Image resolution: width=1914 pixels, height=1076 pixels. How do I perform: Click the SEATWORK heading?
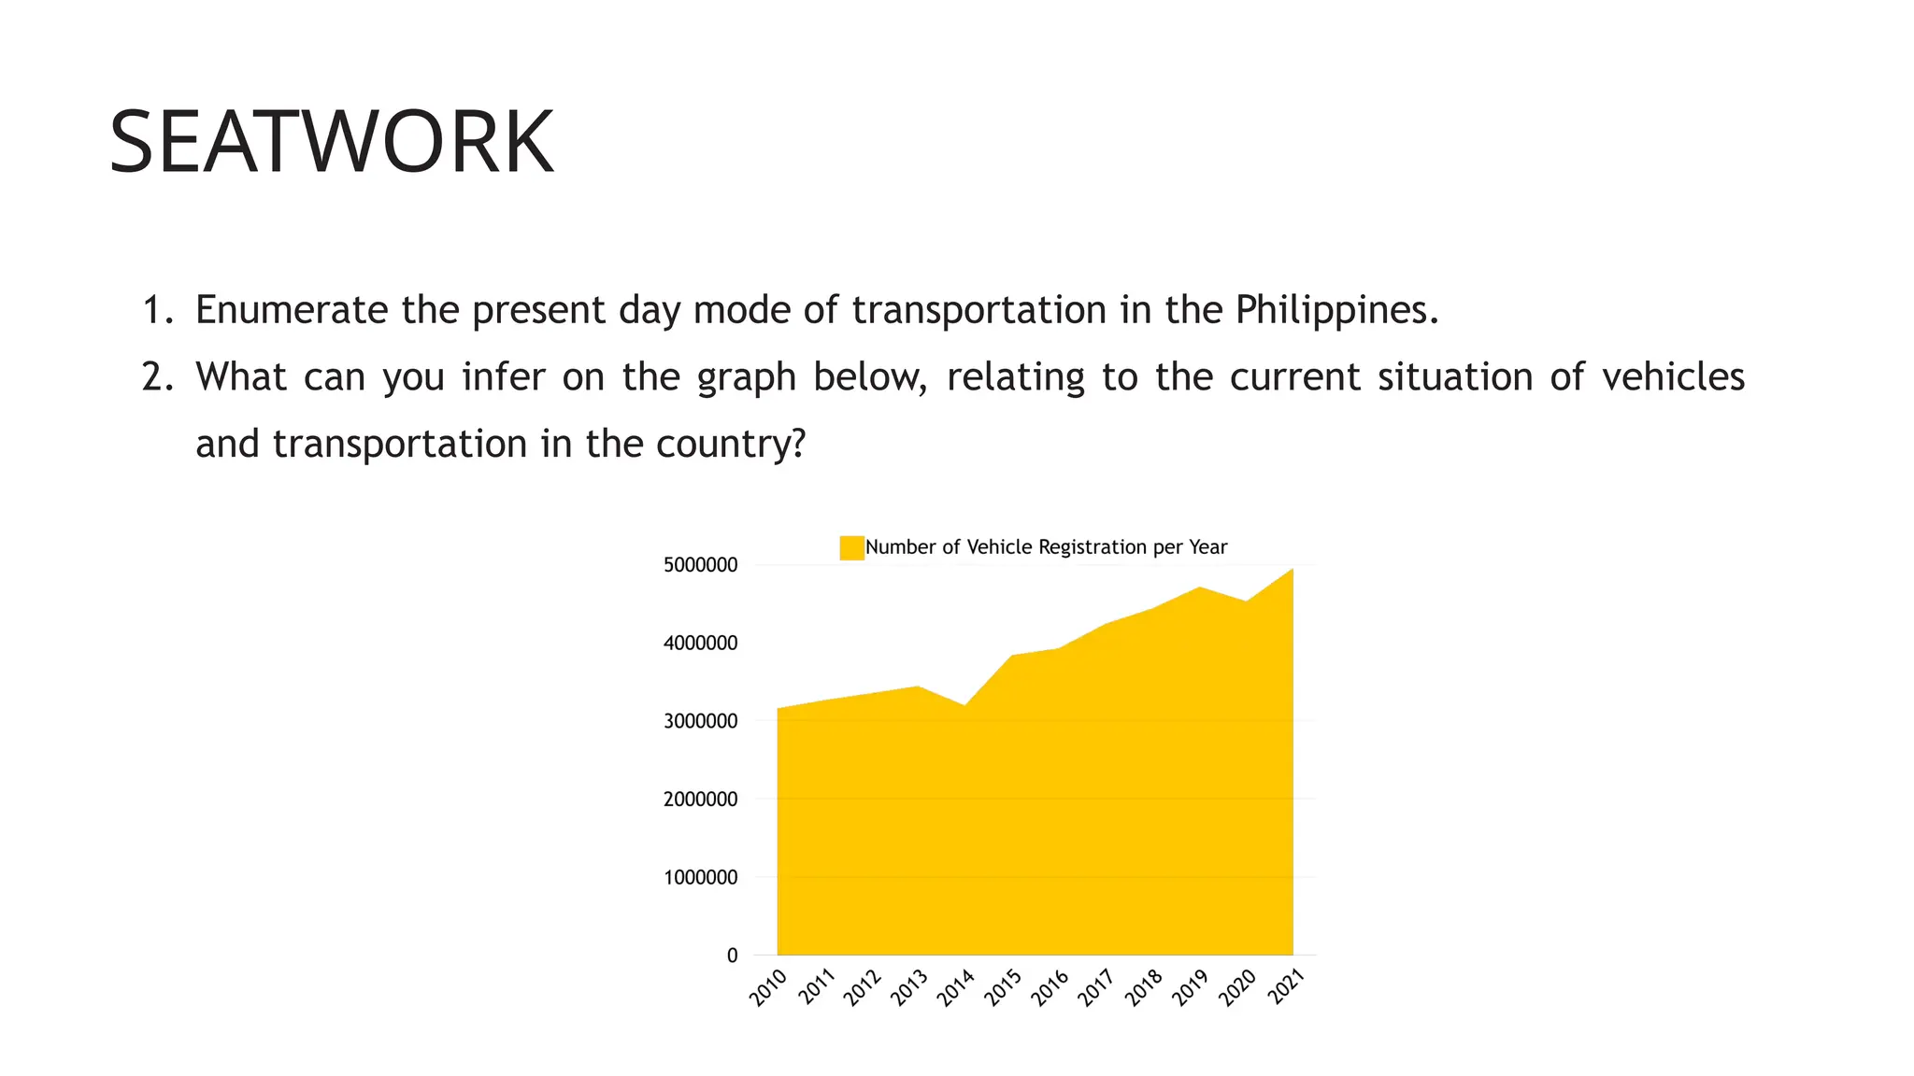[332, 142]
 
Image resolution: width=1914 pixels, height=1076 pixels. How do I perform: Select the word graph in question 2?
[746, 377]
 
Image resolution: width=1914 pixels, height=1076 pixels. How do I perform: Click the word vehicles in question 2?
[1672, 377]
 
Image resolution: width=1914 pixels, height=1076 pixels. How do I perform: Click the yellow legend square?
[851, 547]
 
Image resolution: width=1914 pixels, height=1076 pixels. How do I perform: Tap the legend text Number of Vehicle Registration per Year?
[1046, 547]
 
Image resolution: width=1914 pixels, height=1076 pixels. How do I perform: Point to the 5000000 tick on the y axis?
[700, 565]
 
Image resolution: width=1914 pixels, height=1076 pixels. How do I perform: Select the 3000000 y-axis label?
[700, 721]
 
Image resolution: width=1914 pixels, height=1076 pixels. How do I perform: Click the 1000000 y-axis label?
[700, 878]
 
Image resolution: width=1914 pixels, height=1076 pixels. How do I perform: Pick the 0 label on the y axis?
[732, 956]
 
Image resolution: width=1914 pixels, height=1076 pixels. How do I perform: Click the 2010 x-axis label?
[768, 988]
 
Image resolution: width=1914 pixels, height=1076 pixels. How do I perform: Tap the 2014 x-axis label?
[956, 988]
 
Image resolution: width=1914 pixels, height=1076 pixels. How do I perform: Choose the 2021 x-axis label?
[1285, 988]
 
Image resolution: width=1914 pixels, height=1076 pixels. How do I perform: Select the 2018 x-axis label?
[1144, 988]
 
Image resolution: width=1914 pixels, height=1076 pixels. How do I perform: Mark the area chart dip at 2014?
[964, 706]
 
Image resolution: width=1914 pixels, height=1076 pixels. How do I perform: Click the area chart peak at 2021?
[1293, 569]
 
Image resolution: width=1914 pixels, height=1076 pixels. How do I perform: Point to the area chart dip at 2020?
[1246, 602]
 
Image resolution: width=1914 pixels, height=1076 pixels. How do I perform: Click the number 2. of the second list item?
[157, 377]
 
